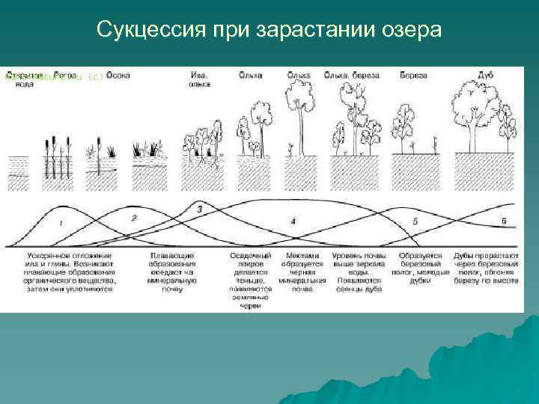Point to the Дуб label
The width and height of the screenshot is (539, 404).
pyautogui.click(x=485, y=76)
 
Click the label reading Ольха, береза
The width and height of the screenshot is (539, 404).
pyautogui.click(x=352, y=76)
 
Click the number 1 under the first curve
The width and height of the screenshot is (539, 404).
pyautogui.click(x=61, y=223)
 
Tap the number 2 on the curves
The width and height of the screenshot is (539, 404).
pyautogui.click(x=134, y=218)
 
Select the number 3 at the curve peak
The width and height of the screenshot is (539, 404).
pyautogui.click(x=199, y=209)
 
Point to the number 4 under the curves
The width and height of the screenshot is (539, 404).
pyautogui.click(x=293, y=221)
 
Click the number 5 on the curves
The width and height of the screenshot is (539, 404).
pyautogui.click(x=415, y=221)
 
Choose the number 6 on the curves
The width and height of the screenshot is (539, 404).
pyautogui.click(x=504, y=221)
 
